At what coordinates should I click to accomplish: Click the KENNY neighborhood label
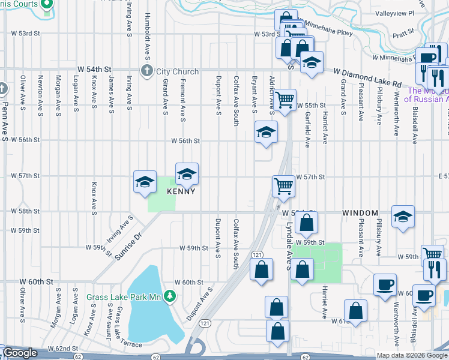(181, 191)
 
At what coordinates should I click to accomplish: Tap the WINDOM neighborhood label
(360, 213)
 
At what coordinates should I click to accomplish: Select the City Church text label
(178, 71)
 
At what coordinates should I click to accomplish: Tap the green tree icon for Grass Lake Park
(171, 296)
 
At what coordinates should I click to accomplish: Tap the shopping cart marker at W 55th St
(285, 98)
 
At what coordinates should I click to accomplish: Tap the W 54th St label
(100, 70)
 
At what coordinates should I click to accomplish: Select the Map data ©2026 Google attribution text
(412, 355)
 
